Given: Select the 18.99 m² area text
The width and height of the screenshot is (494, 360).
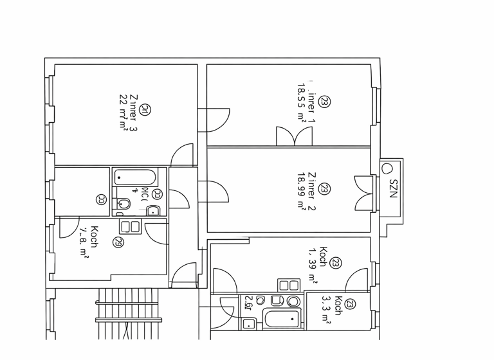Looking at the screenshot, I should pyautogui.click(x=300, y=191).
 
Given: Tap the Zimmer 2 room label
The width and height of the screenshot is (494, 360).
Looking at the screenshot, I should pyautogui.click(x=311, y=190).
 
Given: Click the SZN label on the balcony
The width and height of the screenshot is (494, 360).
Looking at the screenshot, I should pyautogui.click(x=393, y=187).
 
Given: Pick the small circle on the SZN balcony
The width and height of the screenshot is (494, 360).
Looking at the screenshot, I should pyautogui.click(x=387, y=168).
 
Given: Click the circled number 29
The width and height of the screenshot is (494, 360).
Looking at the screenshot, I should pyautogui.click(x=118, y=242).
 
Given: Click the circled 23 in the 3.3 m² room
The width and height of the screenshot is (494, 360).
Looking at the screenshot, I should pyautogui.click(x=351, y=305).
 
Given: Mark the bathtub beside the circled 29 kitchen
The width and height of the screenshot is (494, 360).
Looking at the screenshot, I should pyautogui.click(x=134, y=177).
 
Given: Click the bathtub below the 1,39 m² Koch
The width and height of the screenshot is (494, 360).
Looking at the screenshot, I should pyautogui.click(x=281, y=319).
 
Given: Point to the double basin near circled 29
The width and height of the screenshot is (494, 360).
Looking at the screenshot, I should pyautogui.click(x=131, y=226).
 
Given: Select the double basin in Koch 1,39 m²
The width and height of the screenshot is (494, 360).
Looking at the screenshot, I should pyautogui.click(x=289, y=285).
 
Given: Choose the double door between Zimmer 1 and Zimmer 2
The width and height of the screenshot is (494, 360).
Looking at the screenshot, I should pyautogui.click(x=294, y=136).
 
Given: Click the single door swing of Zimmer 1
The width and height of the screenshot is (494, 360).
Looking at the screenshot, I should pyautogui.click(x=218, y=119).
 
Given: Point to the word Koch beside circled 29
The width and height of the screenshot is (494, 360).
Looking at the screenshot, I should pyautogui.click(x=94, y=237).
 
